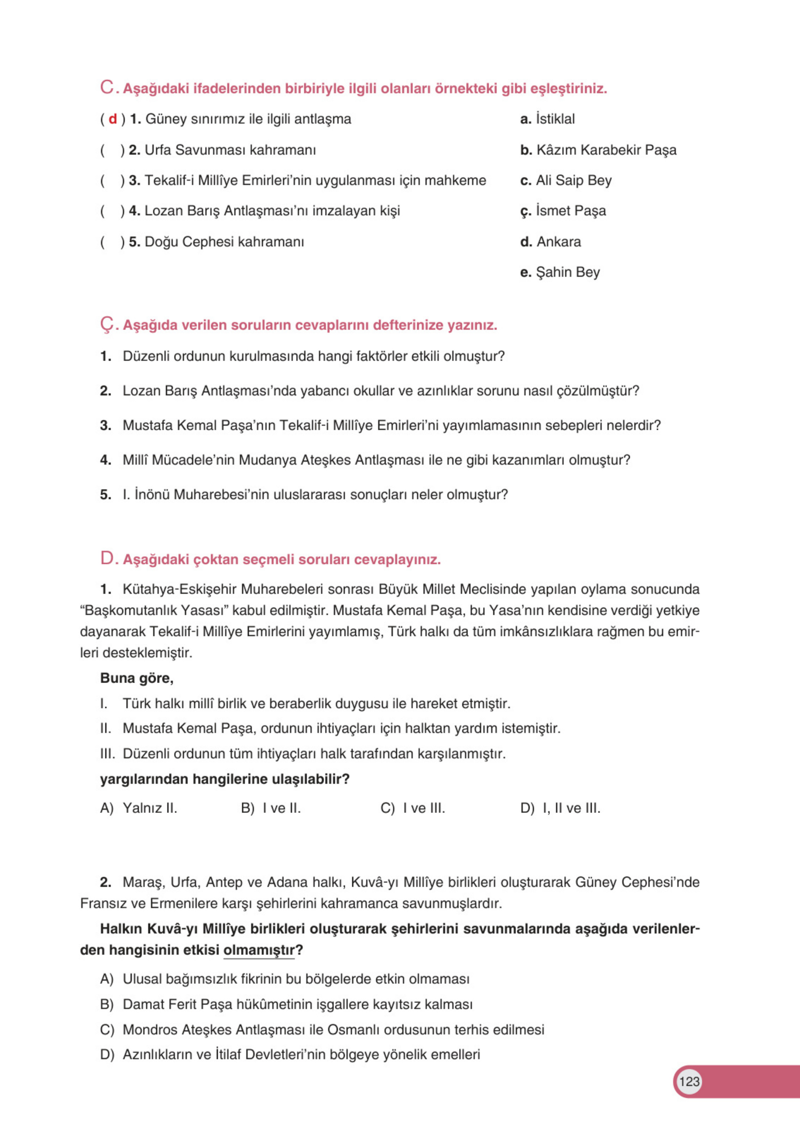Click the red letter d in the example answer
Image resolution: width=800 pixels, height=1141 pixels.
[x=113, y=119]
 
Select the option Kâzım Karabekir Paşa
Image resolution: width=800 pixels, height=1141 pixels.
[x=598, y=150]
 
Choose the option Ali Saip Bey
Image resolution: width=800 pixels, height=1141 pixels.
[x=566, y=180]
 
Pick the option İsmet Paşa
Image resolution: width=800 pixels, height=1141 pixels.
[x=563, y=211]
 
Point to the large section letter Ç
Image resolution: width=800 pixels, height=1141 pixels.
[x=107, y=324]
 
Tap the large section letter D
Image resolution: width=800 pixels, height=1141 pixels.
[x=107, y=559]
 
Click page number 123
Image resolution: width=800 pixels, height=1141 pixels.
[x=689, y=1082]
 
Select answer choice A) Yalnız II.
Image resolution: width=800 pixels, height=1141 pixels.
[x=139, y=809]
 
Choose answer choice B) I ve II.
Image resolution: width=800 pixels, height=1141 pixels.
[x=270, y=809]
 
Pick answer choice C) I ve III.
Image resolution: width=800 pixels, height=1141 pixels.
[x=412, y=809]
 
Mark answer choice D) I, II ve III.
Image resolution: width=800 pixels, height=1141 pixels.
[x=560, y=809]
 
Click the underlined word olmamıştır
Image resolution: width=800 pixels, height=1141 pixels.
[x=259, y=950]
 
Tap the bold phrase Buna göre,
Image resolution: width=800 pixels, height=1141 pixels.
[x=136, y=678]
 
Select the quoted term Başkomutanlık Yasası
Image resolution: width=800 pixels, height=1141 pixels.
[x=154, y=610]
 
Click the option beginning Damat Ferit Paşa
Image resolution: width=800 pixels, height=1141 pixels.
[x=286, y=1004]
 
